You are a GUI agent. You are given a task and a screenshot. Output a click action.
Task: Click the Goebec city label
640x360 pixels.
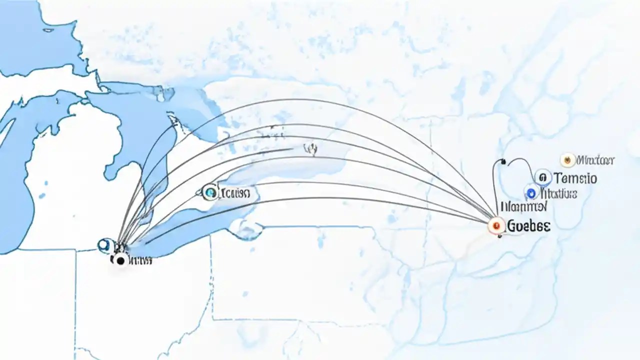point(528,226)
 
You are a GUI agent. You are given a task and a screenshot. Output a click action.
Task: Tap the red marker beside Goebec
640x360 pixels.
point(495,226)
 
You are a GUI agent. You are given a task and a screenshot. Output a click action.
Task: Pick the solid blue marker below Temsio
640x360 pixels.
point(531,192)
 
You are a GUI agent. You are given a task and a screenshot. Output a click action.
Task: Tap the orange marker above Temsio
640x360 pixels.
point(567,160)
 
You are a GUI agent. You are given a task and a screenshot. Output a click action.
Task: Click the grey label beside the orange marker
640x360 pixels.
point(595,160)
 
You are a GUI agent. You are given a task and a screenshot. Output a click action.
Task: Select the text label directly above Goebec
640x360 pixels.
point(523,206)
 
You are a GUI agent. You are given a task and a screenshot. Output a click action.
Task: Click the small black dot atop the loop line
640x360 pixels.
point(502,162)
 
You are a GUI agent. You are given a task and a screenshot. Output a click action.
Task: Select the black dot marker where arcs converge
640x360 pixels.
point(119,259)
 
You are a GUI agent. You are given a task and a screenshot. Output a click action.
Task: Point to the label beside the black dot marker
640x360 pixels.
point(140,260)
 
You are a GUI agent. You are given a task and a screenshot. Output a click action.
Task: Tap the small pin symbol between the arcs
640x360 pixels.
point(311,148)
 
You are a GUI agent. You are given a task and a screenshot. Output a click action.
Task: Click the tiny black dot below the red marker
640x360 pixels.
point(499,236)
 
